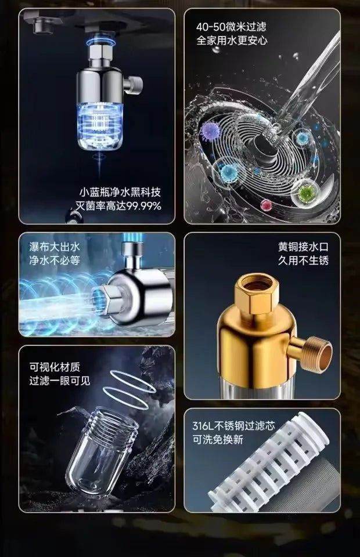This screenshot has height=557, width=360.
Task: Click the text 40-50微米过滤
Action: click(x=231, y=27)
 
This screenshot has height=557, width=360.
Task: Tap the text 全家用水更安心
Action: click(x=232, y=40)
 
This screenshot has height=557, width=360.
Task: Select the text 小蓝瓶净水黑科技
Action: click(x=120, y=192)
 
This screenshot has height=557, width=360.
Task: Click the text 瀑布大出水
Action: click(x=55, y=247)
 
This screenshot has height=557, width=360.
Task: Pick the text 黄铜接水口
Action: click(x=303, y=247)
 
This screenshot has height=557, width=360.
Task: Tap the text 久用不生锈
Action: click(x=303, y=261)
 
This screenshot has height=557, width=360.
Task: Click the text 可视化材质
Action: click(x=55, y=367)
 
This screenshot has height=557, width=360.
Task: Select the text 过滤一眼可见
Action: click(x=60, y=381)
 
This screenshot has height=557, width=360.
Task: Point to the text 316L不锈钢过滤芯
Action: click(x=234, y=425)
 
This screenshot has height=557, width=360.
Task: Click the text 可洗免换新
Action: click(x=218, y=439)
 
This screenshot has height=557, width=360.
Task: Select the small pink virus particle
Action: click(x=266, y=205)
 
